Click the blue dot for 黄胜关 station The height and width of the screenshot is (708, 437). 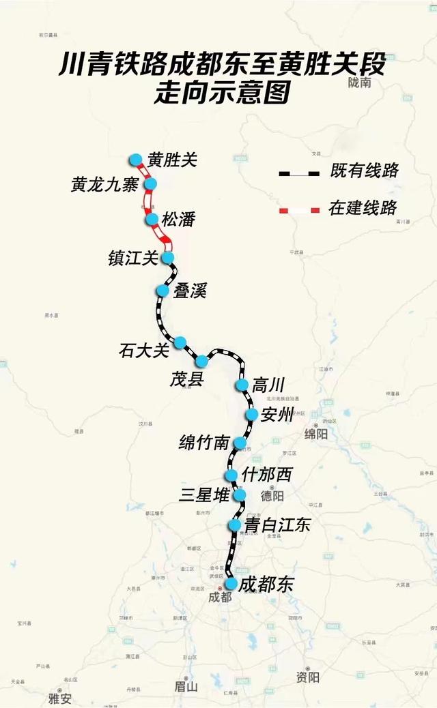[x=136, y=160]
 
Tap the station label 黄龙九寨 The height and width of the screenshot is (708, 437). [x=104, y=185]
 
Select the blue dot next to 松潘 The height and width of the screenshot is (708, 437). [x=152, y=219]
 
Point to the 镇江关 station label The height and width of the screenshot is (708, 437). [x=133, y=258]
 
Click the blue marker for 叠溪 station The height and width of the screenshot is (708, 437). [x=163, y=291]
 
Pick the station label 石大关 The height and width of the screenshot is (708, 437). [x=143, y=351]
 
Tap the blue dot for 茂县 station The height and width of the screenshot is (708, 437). [x=202, y=361]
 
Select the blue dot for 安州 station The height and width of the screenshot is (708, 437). [x=251, y=415]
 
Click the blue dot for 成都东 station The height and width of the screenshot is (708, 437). [x=231, y=584]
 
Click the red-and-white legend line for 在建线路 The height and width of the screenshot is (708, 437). [x=299, y=209]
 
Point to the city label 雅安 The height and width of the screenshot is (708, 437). [x=59, y=698]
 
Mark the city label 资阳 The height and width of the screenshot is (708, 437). [x=308, y=677]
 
